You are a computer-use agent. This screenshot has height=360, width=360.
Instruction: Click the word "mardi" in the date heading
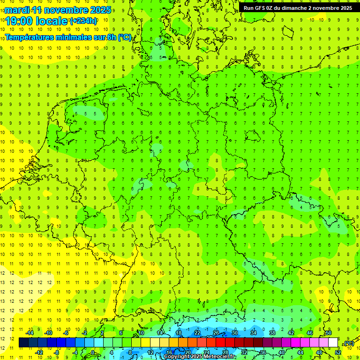point(16,10)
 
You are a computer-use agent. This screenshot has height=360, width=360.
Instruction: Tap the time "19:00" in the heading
point(19,21)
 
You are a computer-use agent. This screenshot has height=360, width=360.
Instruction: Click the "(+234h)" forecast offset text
point(83,21)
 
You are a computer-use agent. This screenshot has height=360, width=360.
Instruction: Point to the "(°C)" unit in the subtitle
point(125,37)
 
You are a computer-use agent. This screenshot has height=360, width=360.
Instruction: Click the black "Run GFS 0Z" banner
point(298,8)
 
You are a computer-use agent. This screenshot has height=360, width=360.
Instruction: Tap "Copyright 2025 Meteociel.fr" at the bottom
point(200,357)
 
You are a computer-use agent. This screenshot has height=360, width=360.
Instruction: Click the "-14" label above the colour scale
point(29,333)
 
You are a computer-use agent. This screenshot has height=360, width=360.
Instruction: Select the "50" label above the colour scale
point(328,333)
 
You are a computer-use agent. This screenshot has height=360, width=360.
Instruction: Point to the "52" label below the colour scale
point(337,352)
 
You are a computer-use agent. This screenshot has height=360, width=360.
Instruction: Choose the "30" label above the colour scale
point(234,333)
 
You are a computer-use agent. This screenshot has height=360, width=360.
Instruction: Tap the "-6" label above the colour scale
point(66,333)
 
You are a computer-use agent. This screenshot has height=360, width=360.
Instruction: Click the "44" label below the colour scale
point(300,352)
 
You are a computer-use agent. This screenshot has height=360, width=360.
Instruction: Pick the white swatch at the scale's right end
point(333,343)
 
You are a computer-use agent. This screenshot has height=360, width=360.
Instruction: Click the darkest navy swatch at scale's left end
point(24,343)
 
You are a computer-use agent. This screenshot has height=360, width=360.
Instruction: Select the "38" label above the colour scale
point(272,333)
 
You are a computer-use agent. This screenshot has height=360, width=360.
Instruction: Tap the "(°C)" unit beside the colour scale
point(349,343)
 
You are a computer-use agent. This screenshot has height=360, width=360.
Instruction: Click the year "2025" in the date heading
point(100,10)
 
